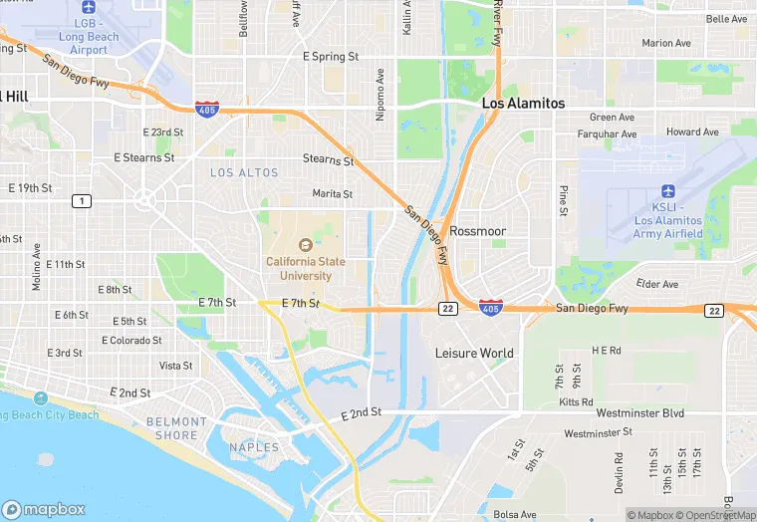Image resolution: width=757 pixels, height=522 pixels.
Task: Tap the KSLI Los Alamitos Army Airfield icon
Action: (667, 190)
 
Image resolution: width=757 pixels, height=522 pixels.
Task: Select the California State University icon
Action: (305, 244)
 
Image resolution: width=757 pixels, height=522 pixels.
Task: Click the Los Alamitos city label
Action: (523, 104)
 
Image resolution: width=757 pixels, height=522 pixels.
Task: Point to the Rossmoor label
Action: (478, 231)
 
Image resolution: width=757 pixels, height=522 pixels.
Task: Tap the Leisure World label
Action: (474, 353)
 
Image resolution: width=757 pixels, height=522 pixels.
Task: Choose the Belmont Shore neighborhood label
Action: (176, 428)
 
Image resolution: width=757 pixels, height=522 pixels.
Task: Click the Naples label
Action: (254, 447)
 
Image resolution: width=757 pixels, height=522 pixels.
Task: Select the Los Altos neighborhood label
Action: (245, 172)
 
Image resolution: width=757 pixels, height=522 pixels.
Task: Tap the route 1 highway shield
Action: (82, 201)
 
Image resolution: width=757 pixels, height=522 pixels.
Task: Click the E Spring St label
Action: (331, 57)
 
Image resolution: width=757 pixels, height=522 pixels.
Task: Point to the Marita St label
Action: (333, 193)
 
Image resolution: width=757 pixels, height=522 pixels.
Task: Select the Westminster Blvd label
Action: (639, 412)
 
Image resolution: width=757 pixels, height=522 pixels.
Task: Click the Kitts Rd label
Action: (576, 400)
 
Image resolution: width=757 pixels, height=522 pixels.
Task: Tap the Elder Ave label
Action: (656, 284)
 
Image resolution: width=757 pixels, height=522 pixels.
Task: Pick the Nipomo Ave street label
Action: (379, 95)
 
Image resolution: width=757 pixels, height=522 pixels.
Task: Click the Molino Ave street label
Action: (36, 267)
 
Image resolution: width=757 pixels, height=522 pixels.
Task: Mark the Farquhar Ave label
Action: (607, 133)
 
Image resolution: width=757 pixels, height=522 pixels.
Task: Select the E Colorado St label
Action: (131, 340)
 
